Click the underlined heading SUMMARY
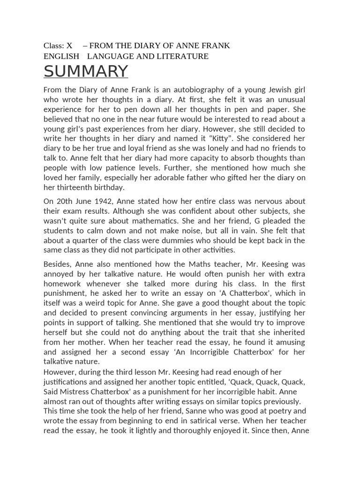(x=86, y=71)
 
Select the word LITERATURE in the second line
(x=181, y=56)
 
